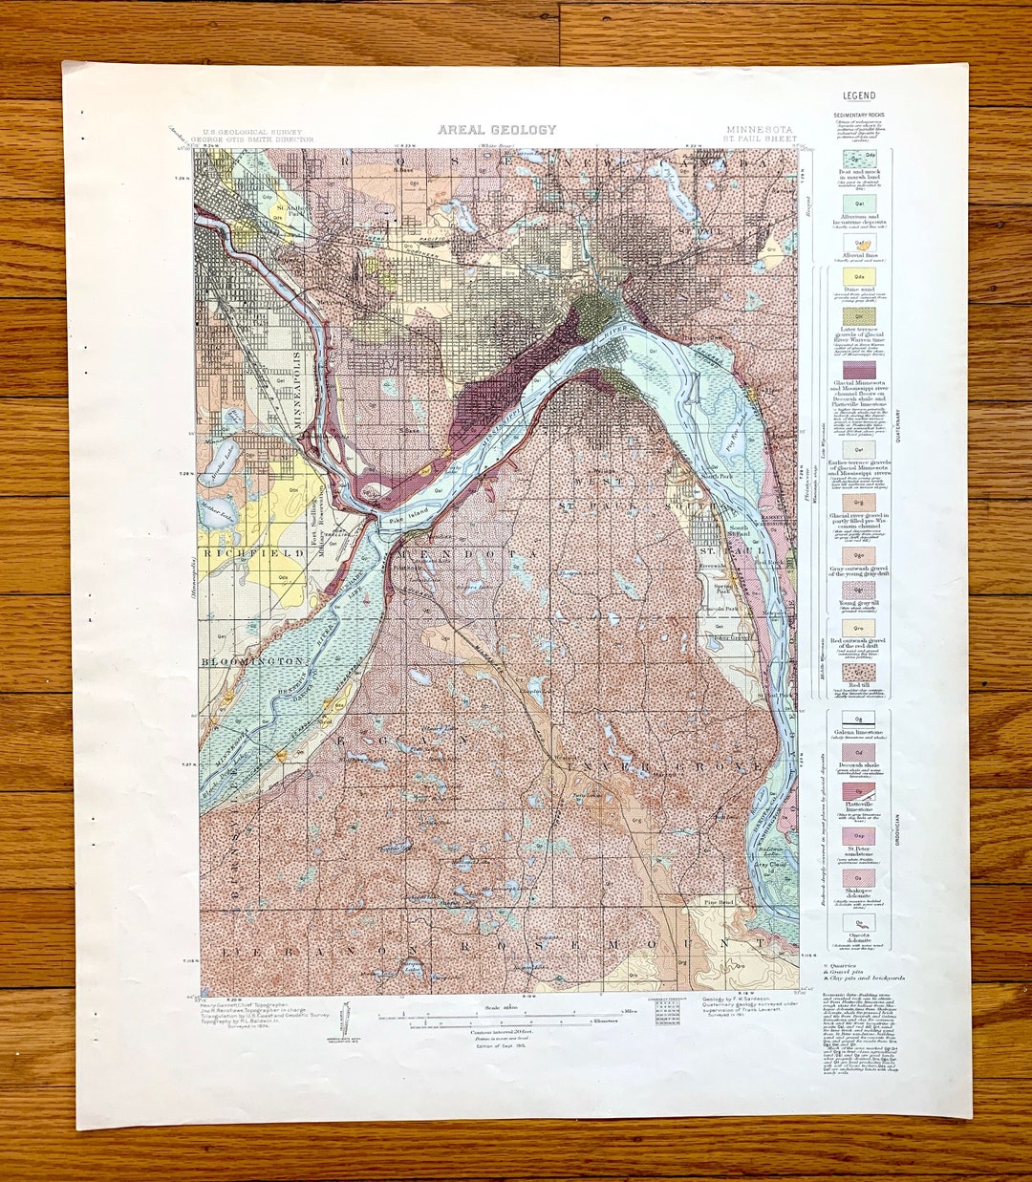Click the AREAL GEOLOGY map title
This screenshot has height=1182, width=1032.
(496, 130)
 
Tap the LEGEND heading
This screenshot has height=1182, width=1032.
(859, 96)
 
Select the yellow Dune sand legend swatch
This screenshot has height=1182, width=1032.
(859, 277)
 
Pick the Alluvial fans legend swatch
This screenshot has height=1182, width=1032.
(859, 244)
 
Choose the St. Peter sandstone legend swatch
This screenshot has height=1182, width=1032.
(858, 835)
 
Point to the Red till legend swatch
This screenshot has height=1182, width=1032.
(858, 672)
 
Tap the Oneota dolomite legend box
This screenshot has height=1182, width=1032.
(858, 922)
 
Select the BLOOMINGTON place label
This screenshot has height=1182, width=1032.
(255, 660)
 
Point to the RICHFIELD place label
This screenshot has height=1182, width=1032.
(238, 551)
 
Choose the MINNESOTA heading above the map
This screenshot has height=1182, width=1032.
(759, 129)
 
